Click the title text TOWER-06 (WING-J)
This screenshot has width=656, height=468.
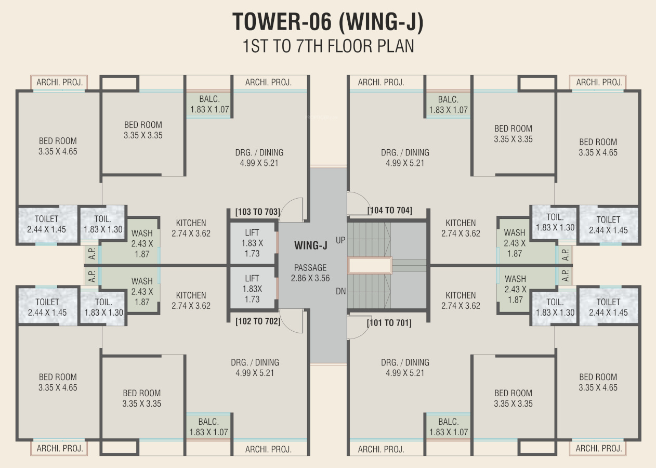point(328,22)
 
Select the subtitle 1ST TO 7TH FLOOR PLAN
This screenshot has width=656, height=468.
point(329,46)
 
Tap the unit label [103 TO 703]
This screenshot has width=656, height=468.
point(258,212)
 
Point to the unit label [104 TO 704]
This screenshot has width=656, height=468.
point(389,211)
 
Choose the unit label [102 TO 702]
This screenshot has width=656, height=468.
point(258,321)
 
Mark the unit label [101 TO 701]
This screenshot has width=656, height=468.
point(389,322)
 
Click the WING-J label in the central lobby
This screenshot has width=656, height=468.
point(311,245)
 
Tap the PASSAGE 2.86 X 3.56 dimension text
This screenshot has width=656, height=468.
point(310,273)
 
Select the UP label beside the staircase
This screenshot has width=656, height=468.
point(340,240)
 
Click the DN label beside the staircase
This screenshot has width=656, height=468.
point(340,291)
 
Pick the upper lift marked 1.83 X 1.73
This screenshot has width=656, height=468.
point(253,243)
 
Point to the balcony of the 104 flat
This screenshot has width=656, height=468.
point(448,105)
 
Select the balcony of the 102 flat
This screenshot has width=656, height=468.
point(208,426)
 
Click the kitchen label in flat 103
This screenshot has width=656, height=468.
point(191,228)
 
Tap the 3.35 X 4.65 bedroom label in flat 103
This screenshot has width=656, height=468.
point(58,146)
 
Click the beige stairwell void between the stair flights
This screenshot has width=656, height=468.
point(370,266)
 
